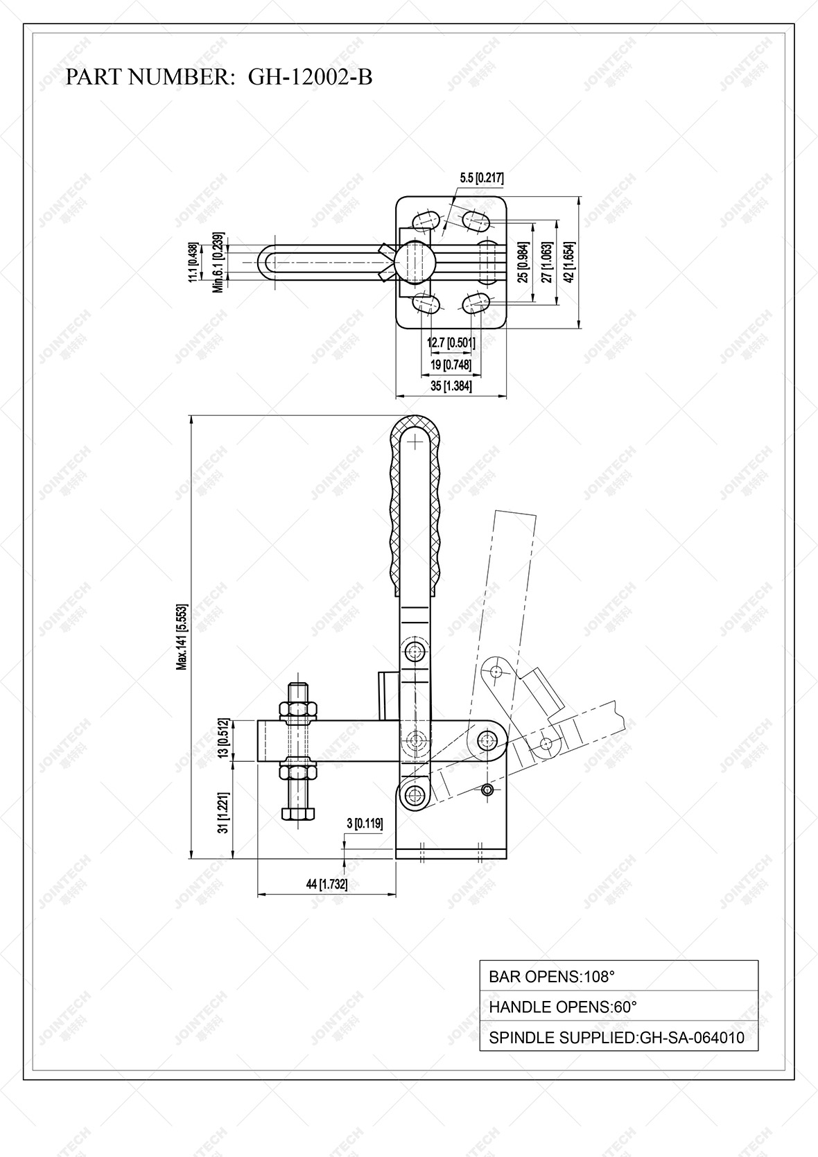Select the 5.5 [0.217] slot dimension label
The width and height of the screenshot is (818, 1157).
point(481,178)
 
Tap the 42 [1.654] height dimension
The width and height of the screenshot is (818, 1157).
point(568,262)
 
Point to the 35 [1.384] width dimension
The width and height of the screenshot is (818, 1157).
point(451,386)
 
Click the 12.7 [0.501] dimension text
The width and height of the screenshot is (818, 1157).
point(451,342)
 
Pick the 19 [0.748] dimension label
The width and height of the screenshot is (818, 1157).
point(451,365)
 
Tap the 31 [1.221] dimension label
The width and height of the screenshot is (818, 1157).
point(223,812)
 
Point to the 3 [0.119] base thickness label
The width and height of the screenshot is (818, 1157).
point(364,824)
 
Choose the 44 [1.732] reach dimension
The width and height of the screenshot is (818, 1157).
point(327,884)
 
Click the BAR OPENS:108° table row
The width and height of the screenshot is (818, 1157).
point(618,976)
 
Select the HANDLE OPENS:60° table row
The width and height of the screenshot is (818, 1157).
point(618,1007)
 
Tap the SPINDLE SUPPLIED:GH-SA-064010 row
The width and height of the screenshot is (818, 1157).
point(618,1038)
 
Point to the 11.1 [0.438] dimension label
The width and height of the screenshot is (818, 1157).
point(193,262)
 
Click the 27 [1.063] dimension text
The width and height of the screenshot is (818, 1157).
point(546,262)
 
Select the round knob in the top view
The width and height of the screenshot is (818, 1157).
point(416,261)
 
